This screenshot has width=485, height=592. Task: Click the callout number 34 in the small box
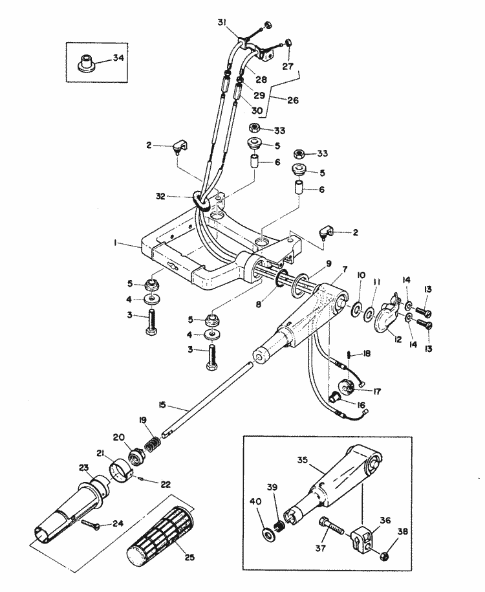[118, 58]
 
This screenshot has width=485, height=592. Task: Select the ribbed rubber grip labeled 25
[157, 534]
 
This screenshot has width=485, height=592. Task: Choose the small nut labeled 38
[384, 554]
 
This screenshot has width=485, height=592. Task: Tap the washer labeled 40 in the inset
[266, 534]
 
